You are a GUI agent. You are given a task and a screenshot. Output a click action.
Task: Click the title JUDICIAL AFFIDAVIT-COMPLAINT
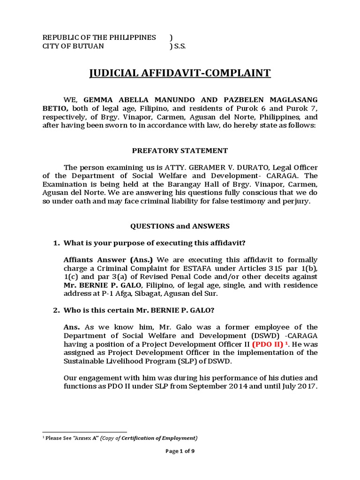180,73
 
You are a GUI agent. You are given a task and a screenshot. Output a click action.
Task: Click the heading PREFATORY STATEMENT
180,150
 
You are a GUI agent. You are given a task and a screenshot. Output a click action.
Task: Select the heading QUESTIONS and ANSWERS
180,226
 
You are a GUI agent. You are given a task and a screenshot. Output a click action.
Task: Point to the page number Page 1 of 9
180,464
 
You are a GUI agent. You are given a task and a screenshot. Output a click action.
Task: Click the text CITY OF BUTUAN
73,46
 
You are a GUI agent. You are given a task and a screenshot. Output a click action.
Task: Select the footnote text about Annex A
122,438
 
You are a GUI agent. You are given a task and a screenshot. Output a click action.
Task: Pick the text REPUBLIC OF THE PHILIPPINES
99,37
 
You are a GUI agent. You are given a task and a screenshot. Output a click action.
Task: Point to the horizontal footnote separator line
84,432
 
